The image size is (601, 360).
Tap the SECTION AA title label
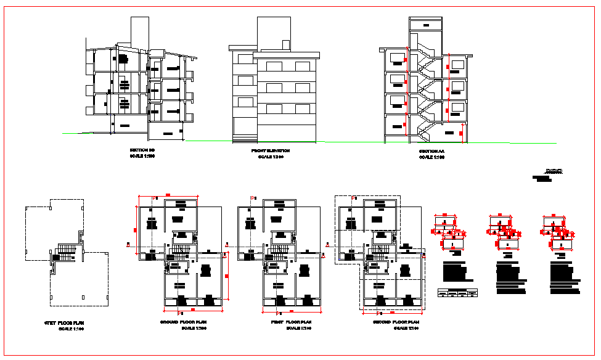pos(431,151)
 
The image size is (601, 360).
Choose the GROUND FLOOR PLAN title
pos(182,322)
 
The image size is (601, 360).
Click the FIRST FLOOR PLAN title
pos(290,322)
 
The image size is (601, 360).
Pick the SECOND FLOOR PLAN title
pos(396,322)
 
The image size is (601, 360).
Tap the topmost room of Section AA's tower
pos(425,24)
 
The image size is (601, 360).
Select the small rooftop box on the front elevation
pos(286,44)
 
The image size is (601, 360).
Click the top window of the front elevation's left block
pos(245,59)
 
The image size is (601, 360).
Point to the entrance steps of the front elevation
pos(246,136)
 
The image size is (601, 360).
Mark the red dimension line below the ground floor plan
pos(192,308)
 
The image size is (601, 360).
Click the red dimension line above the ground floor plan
pos(168,195)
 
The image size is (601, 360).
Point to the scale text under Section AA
pos(431,158)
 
